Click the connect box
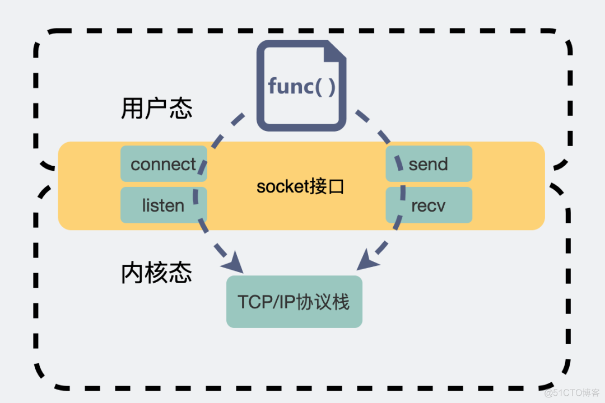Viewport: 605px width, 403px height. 164,164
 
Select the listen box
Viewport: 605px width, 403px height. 164,205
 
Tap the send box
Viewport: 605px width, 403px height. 429,164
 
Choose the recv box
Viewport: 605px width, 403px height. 429,205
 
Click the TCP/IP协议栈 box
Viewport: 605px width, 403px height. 294,302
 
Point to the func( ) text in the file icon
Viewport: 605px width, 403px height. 301,87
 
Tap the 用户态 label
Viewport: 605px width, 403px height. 157,109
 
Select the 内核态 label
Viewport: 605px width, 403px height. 157,273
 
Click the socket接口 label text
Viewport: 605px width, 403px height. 300,186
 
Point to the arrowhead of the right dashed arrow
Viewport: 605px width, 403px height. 367,261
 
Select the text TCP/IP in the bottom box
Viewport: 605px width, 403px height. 263,302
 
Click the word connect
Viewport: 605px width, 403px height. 164,164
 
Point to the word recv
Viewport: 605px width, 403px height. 429,205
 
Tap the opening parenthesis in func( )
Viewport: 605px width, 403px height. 318,87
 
